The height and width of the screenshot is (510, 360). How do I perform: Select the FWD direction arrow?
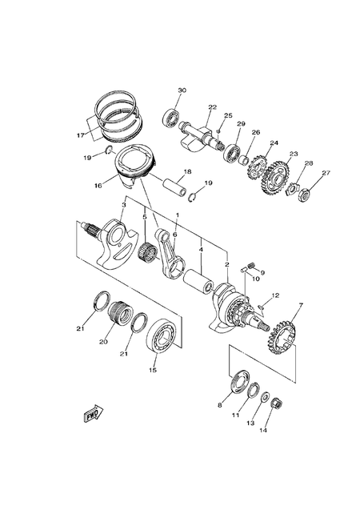point(90,415)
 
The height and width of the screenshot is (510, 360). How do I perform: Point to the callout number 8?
point(220,406)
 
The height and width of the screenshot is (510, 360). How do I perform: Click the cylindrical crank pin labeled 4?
point(197,283)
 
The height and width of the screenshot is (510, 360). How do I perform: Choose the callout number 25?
point(228,116)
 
